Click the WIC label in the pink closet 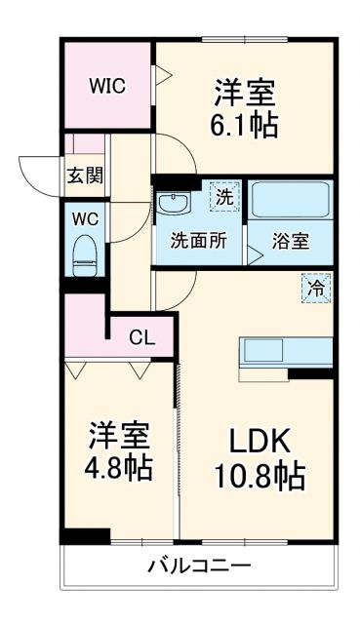click(107, 85)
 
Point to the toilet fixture click(84, 256)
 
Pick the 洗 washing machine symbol click(223, 195)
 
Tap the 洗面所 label click(199, 241)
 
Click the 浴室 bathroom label click(291, 241)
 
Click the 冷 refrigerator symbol click(315, 288)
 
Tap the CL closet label click(142, 338)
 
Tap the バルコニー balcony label click(199, 565)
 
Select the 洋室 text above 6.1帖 click(244, 93)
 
